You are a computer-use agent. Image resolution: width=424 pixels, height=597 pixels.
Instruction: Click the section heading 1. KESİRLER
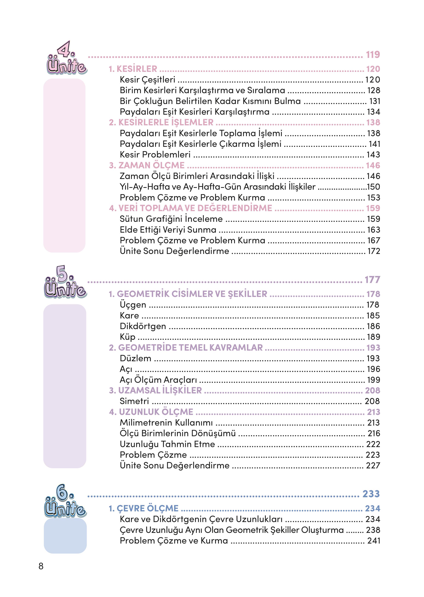pos(133,69)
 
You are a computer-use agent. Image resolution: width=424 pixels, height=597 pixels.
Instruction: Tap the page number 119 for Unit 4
pos(373,55)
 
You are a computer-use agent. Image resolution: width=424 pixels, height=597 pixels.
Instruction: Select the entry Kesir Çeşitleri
pos(147,80)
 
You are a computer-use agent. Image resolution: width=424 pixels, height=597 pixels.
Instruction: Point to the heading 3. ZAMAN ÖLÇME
pos(147,165)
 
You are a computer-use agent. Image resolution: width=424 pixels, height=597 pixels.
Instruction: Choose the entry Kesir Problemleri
pos(155,155)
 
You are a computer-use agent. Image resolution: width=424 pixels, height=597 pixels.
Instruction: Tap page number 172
pos(374,251)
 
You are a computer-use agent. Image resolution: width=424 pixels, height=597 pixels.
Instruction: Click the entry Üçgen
pos(133,305)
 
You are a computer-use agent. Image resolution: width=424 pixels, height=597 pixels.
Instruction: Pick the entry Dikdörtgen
pos(143,326)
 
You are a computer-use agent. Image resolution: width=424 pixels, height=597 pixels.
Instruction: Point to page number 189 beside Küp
pos(373,337)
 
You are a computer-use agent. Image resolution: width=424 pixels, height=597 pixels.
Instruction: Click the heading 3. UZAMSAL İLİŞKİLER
pos(155,390)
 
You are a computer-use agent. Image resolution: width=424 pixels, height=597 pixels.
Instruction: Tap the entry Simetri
pos(134,401)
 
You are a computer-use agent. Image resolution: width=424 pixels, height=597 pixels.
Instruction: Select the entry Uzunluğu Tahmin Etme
pos(167,444)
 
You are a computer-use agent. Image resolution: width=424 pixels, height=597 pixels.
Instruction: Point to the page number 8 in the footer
pos(41,566)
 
